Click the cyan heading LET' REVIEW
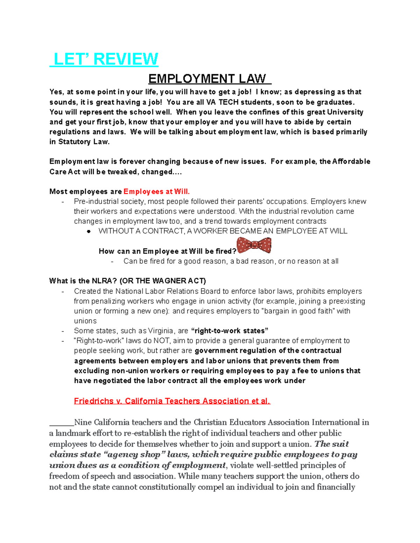[104, 59]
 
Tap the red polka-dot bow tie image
[254, 245]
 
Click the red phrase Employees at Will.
[156, 192]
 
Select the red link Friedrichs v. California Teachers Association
[172, 401]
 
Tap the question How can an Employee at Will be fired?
[167, 251]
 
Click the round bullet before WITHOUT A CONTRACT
[89, 231]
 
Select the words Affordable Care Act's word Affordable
[351, 162]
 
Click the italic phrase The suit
[331, 444]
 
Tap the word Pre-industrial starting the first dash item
[91, 201]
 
